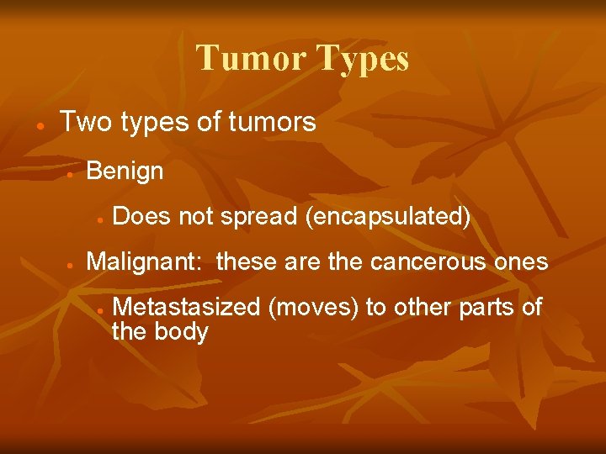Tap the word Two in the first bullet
86,123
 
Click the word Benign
125,172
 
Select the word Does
141,217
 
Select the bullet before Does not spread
98,219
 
